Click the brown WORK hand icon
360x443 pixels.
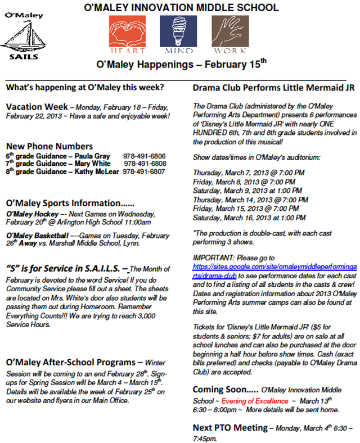(x=230, y=31)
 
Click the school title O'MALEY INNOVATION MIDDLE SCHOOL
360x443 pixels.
(x=181, y=7)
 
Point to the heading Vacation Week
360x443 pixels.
(x=36, y=107)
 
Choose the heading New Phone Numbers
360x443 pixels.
(x=49, y=147)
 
